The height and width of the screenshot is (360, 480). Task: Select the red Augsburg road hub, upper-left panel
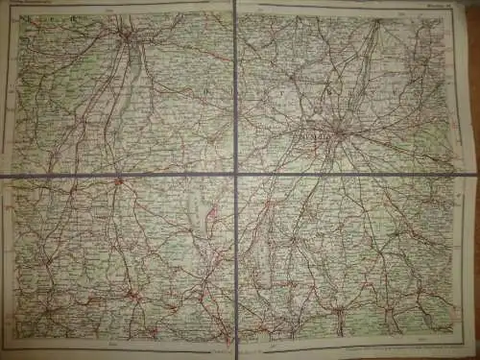click(128, 37)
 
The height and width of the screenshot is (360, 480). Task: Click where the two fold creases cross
click(233, 175)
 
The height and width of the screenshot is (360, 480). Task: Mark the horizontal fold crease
click(115, 177)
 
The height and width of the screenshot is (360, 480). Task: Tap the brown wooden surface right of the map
click(469, 192)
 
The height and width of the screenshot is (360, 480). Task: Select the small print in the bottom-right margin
click(422, 343)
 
